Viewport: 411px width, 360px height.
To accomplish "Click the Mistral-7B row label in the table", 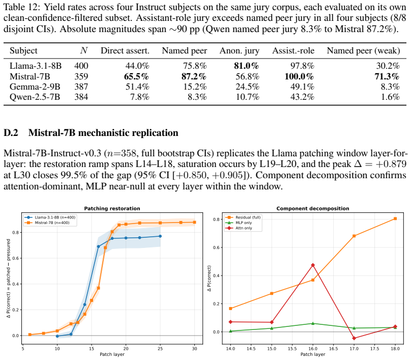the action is [x=30, y=76].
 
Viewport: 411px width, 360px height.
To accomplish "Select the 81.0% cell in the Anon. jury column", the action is [x=246, y=66].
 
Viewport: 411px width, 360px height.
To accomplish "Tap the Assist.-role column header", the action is [x=293, y=50].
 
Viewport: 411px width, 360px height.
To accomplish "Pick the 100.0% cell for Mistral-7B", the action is [x=299, y=76].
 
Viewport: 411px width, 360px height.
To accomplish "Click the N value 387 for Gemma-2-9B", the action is [x=81, y=87].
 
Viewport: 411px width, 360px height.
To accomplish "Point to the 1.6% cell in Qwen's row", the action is [x=390, y=97].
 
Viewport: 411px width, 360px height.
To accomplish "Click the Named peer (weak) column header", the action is [x=363, y=50].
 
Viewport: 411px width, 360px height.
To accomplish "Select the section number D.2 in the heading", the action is [x=11, y=133].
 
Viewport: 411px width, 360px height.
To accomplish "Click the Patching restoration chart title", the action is [x=112, y=209].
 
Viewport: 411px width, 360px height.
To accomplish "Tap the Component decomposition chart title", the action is [x=313, y=209].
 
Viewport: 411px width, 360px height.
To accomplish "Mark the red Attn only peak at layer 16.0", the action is [x=313, y=265].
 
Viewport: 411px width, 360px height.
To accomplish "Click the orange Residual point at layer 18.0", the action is [x=395, y=218].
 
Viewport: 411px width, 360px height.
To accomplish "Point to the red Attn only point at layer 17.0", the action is [x=354, y=338].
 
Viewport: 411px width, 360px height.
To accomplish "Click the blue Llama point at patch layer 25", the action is [x=160, y=236].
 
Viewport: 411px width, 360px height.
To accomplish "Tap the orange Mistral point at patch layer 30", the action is [x=194, y=222].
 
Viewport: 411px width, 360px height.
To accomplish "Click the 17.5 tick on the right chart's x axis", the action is [x=374, y=349].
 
